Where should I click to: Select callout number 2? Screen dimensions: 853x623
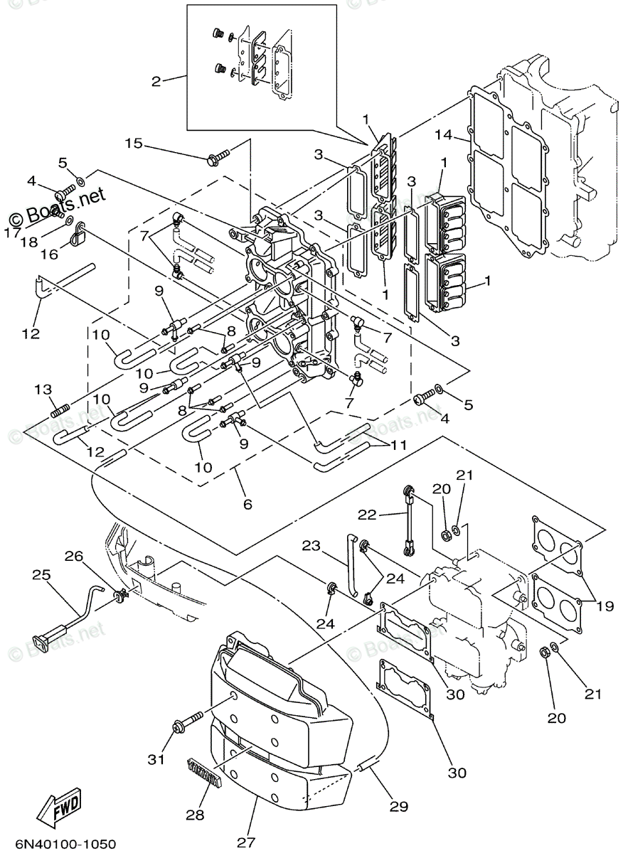point(156,81)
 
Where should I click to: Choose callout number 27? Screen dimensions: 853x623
point(245,843)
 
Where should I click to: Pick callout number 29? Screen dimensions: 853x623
point(399,806)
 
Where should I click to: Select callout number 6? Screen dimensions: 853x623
point(247,504)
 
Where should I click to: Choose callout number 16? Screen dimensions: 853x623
point(48,254)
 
